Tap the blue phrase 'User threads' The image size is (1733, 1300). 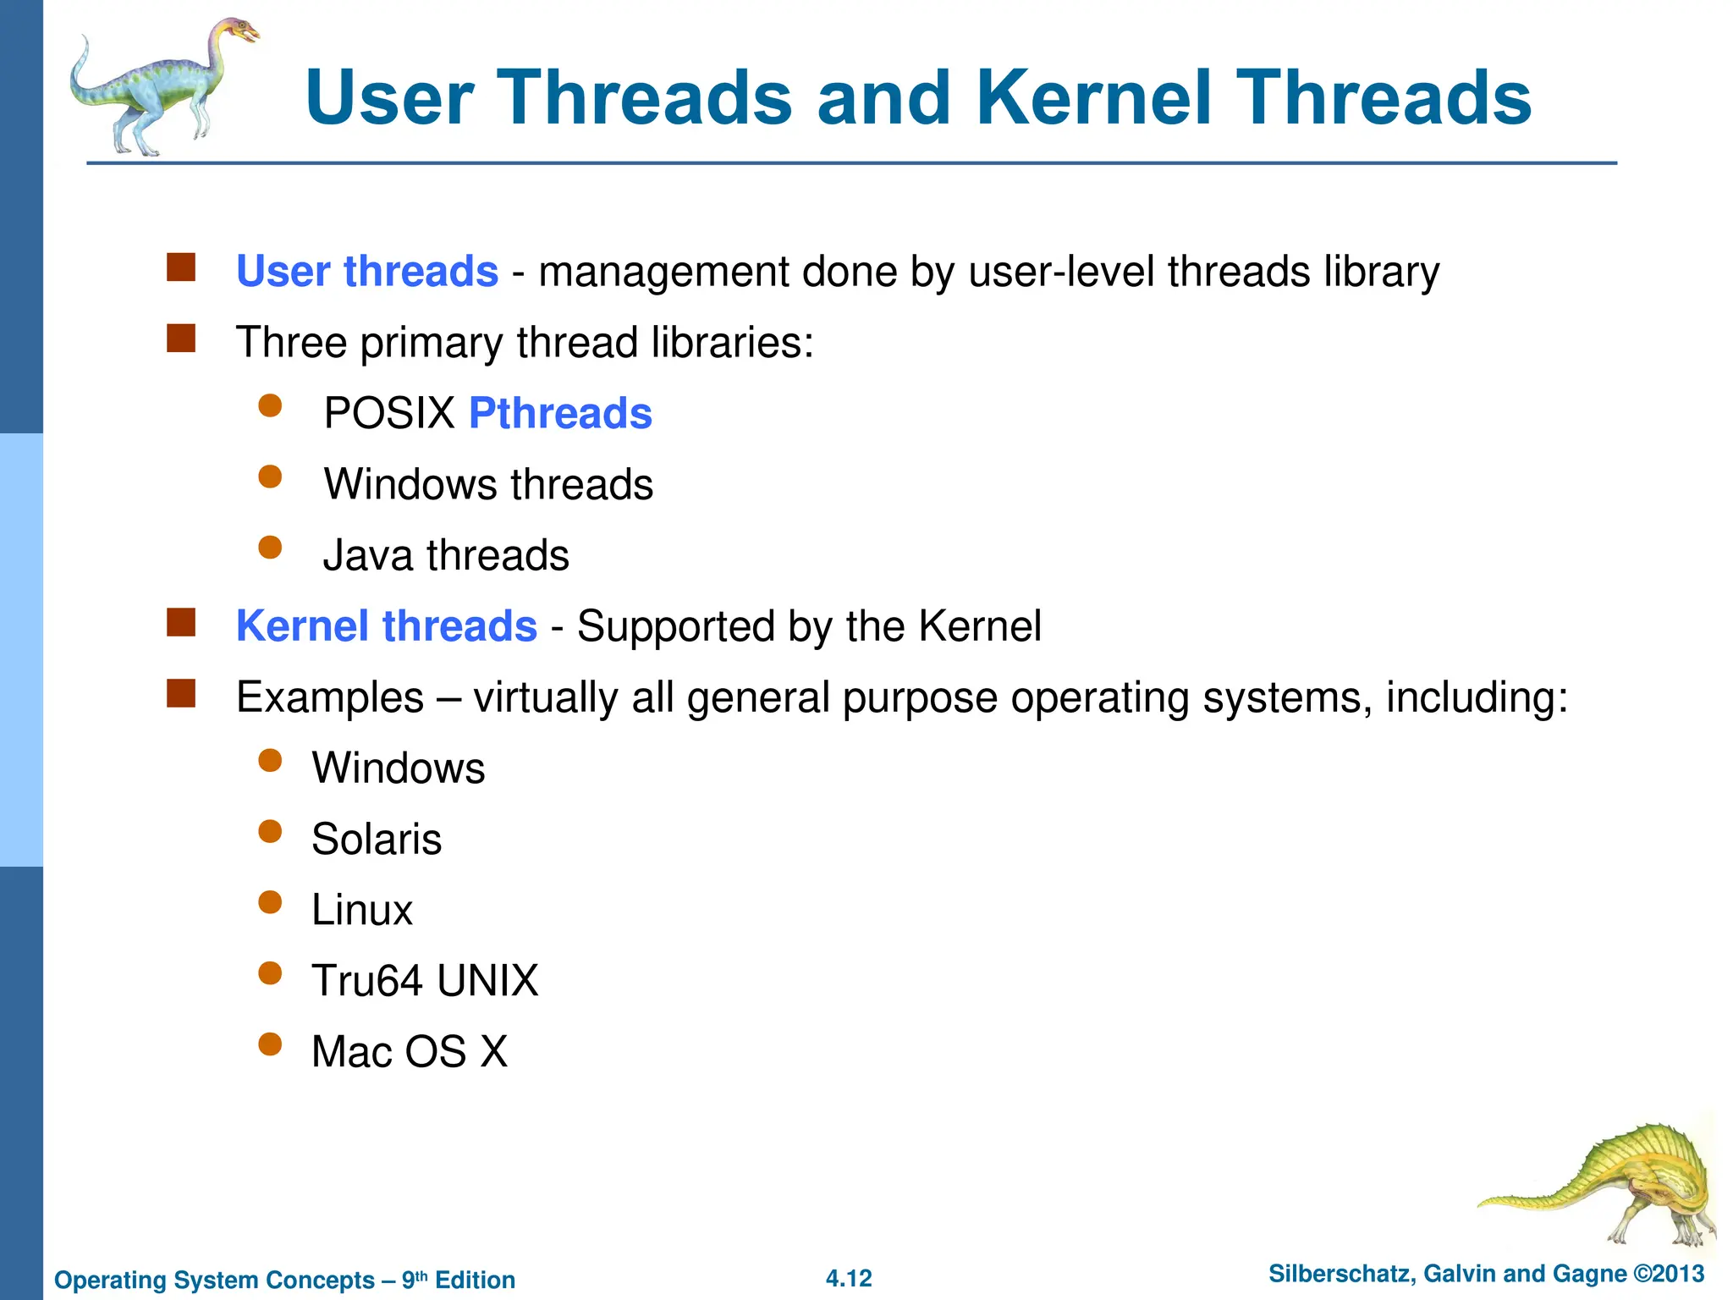366,272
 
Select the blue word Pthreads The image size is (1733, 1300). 560,414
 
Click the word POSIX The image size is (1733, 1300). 389,414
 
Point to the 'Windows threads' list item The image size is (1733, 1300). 488,485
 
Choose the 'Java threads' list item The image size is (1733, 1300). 446,556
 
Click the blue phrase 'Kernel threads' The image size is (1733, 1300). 386,627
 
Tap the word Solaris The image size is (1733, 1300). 377,840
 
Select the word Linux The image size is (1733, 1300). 361,911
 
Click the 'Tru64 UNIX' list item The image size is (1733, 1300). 425,982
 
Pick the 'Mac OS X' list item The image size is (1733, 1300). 410,1053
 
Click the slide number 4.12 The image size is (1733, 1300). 849,1279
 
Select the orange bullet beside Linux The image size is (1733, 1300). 270,902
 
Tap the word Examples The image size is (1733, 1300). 330,698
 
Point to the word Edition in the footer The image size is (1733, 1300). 475,1281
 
